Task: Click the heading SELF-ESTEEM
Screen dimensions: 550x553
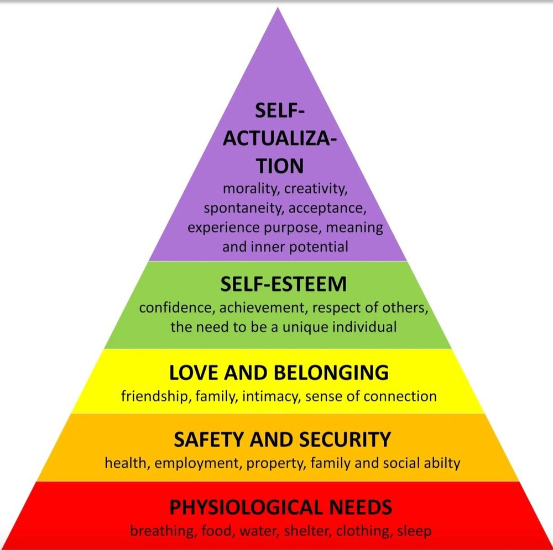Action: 283,285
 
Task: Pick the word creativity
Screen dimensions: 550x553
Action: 316,189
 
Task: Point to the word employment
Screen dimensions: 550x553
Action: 197,463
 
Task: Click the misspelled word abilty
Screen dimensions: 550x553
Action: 441,463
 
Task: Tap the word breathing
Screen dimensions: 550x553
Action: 158,531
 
